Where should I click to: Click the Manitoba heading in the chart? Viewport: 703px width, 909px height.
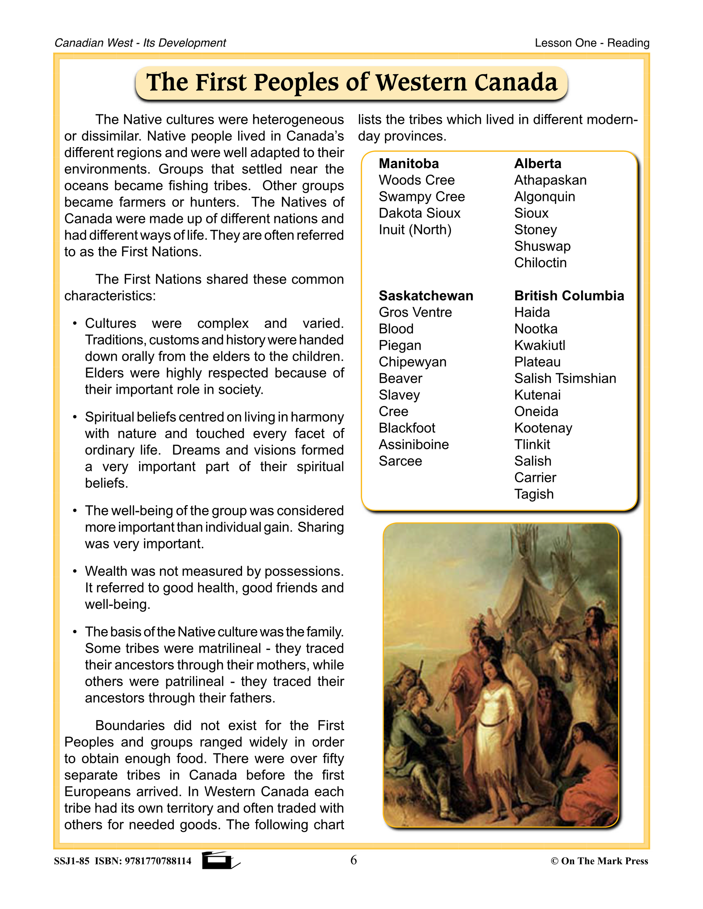(x=408, y=164)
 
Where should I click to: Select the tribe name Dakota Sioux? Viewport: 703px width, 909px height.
(x=419, y=213)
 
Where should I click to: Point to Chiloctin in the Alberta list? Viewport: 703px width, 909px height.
(x=540, y=263)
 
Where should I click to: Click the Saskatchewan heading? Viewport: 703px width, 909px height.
(x=426, y=295)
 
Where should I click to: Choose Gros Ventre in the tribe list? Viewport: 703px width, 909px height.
(x=415, y=312)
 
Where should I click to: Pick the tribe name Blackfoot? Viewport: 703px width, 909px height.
(x=407, y=428)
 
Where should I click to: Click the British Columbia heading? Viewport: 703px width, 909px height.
(x=569, y=295)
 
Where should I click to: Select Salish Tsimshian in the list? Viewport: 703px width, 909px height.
(x=565, y=378)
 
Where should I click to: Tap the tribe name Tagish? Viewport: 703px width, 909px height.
(x=534, y=494)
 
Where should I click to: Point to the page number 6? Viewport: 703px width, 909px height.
(x=354, y=860)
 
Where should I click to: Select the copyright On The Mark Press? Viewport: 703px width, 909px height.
(x=599, y=861)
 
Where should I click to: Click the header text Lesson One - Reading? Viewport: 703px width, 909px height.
(x=592, y=43)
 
